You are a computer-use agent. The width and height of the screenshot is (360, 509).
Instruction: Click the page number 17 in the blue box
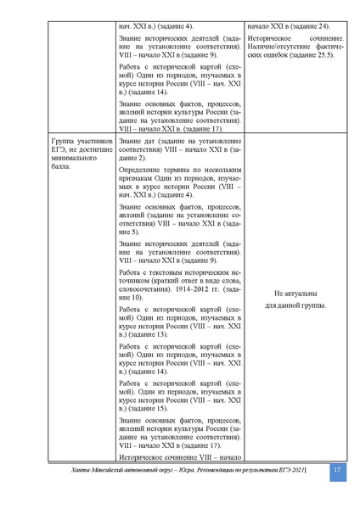tap(337, 471)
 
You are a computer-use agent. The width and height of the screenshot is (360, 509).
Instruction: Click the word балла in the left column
tap(63, 167)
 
